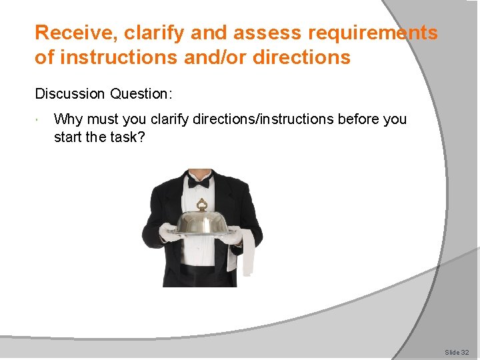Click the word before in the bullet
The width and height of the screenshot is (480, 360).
tap(359, 119)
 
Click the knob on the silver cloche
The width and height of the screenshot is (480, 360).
tap(201, 203)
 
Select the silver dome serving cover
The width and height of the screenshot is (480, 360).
tap(201, 221)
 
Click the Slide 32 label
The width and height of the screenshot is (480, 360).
tap(457, 351)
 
